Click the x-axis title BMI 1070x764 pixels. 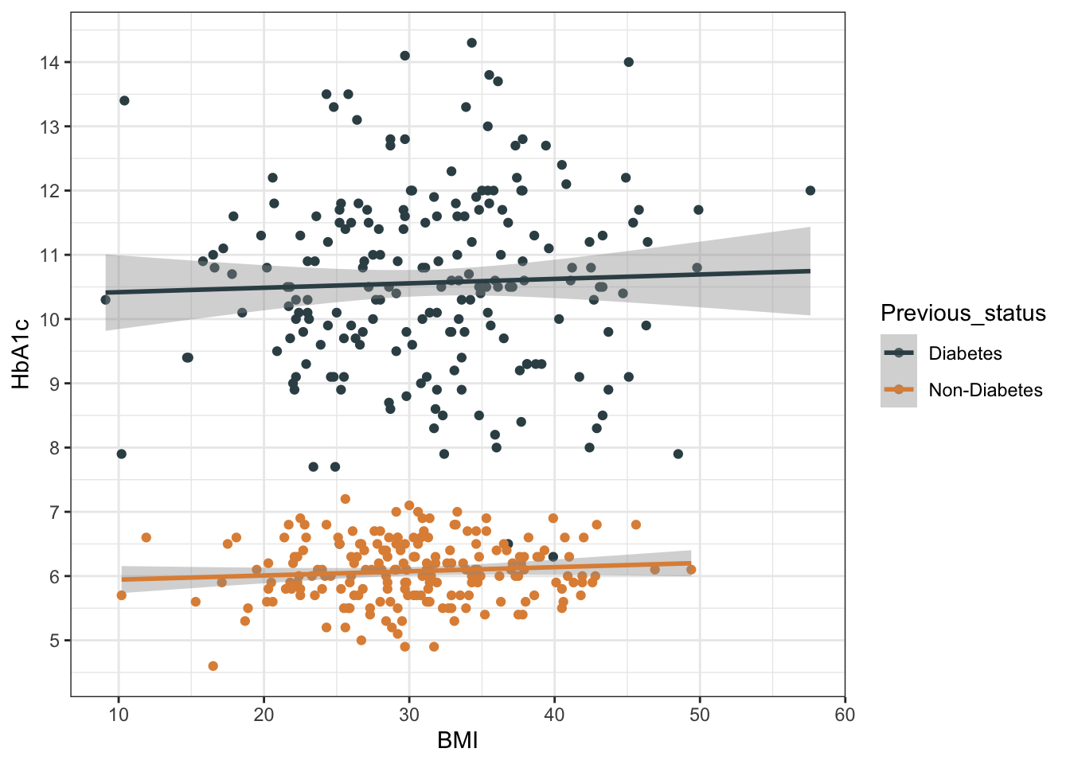(457, 741)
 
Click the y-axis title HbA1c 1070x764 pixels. (21, 353)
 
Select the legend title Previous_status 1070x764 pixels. (963, 314)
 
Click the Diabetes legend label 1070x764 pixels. (965, 353)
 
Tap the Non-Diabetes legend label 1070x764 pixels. (985, 390)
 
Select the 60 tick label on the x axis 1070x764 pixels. (845, 715)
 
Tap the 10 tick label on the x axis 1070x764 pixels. (119, 715)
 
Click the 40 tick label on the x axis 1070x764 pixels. (554, 715)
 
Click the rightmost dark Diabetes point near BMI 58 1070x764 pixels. (810, 190)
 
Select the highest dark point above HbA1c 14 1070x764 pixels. (471, 43)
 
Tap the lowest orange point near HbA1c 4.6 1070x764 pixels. (213, 666)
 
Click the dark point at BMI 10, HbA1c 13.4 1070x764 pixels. (124, 100)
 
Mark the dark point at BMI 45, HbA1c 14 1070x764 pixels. (628, 62)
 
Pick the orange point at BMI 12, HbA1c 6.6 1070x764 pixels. (146, 538)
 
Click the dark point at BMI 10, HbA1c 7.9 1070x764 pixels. (122, 454)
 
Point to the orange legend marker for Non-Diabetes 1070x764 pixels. (899, 390)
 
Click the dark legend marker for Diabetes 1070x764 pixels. (899, 353)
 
